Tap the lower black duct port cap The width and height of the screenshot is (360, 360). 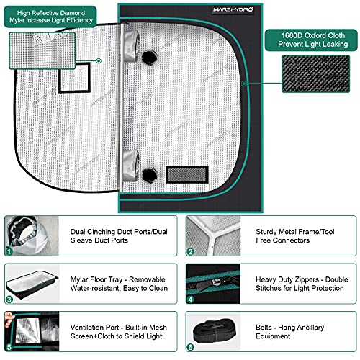click(150, 173)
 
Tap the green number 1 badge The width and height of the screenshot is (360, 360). click(9, 251)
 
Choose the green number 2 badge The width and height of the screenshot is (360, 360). click(191, 251)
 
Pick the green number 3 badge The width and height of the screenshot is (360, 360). click(9, 298)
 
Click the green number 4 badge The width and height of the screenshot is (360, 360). click(191, 298)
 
